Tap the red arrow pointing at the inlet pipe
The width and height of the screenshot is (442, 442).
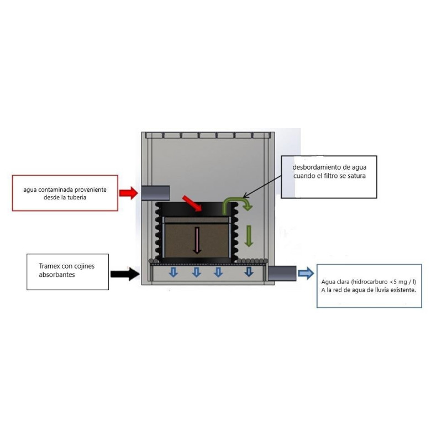tap(129, 193)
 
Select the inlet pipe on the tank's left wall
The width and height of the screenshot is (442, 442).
tap(156, 193)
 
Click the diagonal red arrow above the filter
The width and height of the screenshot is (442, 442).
tap(192, 203)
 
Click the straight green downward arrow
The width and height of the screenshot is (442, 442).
tap(248, 236)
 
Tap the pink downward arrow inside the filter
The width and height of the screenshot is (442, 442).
tap(197, 240)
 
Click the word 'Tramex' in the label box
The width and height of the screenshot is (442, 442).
tap(49, 266)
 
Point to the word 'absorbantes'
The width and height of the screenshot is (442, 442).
tap(57, 275)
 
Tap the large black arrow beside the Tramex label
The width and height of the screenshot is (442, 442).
tap(125, 273)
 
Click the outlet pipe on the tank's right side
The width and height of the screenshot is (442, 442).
tap(282, 273)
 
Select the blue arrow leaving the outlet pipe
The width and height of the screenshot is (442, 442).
tap(306, 273)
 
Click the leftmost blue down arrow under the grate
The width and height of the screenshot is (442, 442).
tap(173, 272)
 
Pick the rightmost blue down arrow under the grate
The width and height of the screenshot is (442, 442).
tap(249, 272)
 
